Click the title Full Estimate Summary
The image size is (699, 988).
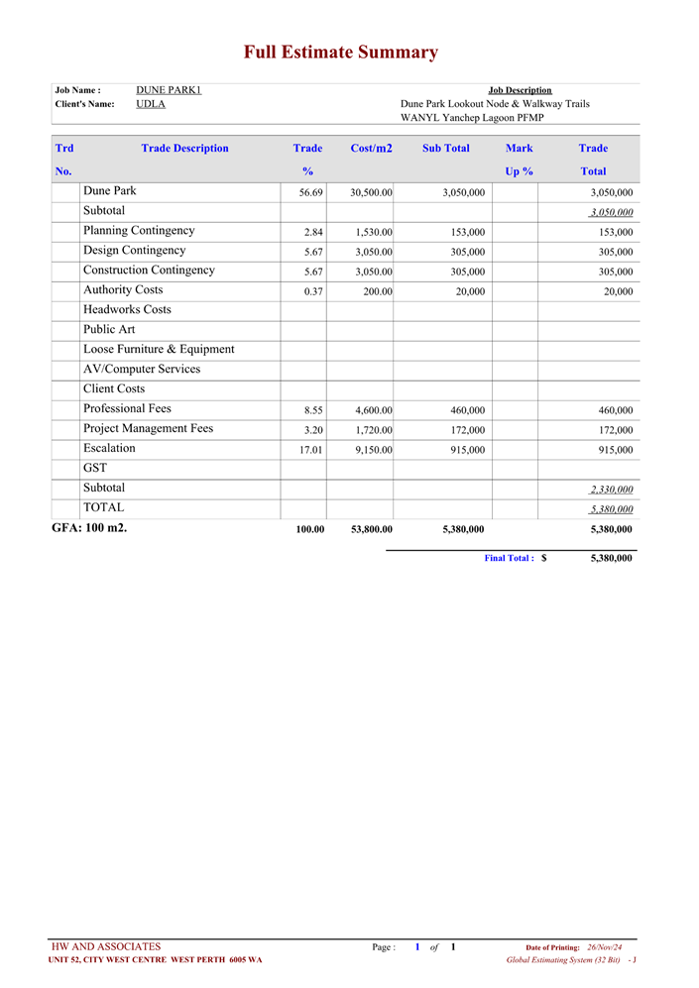click(x=341, y=53)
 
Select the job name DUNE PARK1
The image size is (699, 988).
click(x=169, y=90)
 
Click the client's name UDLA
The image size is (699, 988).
click(x=151, y=104)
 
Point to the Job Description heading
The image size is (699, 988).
click(x=520, y=90)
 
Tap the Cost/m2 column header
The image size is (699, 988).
click(x=371, y=149)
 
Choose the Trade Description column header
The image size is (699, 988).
click(x=184, y=149)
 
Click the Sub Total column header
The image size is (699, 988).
click(x=445, y=149)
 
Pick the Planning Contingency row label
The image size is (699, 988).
click(x=139, y=231)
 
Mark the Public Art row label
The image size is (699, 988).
click(x=109, y=330)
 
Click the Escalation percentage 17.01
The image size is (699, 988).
click(x=310, y=450)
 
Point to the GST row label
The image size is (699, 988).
click(x=95, y=468)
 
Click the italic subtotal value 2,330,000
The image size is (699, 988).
click(x=611, y=490)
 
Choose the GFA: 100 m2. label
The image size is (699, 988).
click(x=89, y=528)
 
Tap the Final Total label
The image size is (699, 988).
click(x=509, y=559)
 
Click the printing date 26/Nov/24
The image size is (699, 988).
click(x=605, y=948)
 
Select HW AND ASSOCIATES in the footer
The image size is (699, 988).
click(x=106, y=947)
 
